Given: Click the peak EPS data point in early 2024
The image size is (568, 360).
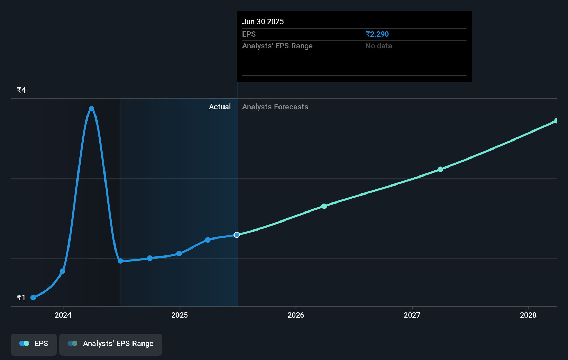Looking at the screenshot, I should point(91,109).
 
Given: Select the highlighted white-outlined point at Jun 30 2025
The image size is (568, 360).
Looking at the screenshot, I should point(237,235).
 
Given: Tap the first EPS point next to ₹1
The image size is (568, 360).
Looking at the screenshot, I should point(33,298).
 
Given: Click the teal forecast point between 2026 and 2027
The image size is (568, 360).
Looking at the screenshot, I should point(324,206).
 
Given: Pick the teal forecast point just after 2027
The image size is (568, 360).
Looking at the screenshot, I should point(440,170).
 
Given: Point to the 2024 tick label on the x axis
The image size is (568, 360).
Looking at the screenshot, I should point(63,315).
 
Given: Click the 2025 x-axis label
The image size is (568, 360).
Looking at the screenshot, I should point(180,315).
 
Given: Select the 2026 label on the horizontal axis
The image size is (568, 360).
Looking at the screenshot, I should point(296,315).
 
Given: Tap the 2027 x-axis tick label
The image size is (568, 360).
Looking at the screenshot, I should point(412,315).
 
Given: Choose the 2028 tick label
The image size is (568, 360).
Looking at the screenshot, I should point(528,315).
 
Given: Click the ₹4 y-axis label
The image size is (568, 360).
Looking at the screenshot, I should point(21,90).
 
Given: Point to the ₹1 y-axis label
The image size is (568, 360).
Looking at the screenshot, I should point(21,298).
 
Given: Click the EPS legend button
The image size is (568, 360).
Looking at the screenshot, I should point(34,344).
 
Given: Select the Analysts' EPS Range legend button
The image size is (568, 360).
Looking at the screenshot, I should point(111,344).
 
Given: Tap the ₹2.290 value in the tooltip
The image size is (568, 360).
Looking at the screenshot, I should point(377,34).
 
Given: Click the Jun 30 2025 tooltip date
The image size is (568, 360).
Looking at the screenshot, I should point(263,22).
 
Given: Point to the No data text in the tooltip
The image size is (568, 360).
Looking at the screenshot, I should point(378,46).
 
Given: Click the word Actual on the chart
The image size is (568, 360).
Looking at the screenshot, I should point(220,107).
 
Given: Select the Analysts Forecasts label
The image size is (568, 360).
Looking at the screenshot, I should point(275,107).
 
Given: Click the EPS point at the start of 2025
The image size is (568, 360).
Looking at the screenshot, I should point(179,254).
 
